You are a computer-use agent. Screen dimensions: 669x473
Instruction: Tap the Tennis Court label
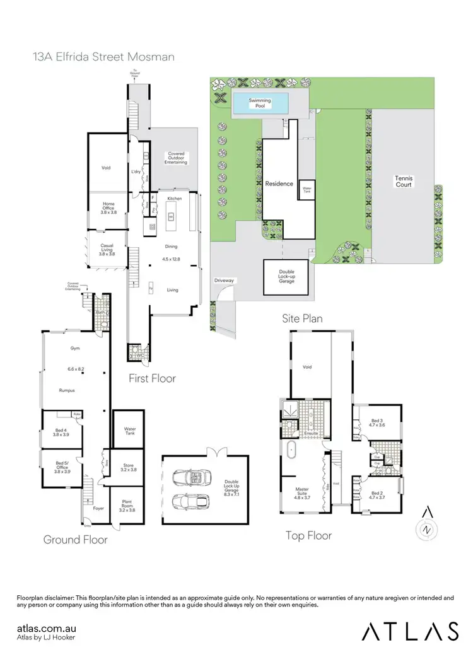point(404,182)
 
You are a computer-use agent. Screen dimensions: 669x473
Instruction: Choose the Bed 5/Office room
point(62,467)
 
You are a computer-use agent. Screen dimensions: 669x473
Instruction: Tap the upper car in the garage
point(187,479)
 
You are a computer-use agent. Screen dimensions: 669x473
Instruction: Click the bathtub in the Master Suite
point(290,451)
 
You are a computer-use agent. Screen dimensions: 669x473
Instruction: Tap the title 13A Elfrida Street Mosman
point(103,57)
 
